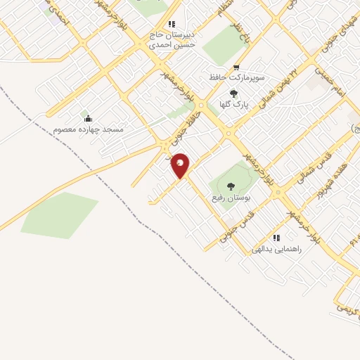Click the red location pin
click(181, 165)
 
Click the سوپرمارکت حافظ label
click(235, 76)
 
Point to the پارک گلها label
click(235, 104)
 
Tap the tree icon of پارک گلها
click(234, 94)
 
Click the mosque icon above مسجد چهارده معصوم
click(87, 117)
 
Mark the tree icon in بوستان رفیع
click(231, 186)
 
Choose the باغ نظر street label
click(243, 37)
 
